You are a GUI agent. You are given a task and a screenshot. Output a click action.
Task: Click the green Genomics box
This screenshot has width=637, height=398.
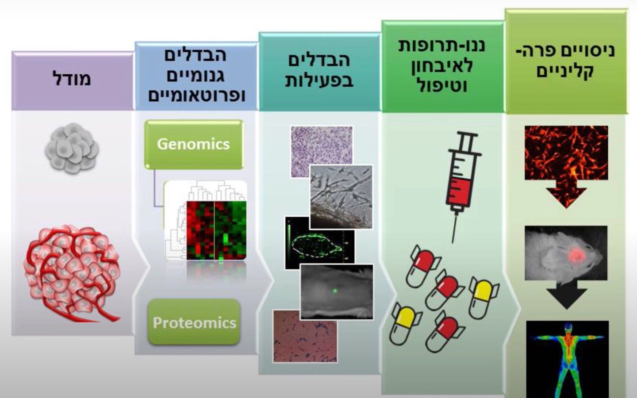(194, 145)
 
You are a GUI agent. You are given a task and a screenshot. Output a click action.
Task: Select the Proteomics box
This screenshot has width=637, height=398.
(194, 322)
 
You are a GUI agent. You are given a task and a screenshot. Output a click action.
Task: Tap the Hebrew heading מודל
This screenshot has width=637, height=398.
(72, 78)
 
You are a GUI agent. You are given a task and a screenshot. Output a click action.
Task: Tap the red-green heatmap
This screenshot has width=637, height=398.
(216, 230)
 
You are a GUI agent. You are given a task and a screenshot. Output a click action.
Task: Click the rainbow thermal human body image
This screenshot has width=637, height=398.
(568, 360)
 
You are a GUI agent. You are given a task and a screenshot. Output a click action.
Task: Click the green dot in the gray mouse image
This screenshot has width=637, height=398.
(335, 291)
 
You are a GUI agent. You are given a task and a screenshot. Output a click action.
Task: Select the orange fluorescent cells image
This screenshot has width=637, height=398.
(566, 153)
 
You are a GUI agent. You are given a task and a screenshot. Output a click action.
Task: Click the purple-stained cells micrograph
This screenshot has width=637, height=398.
(322, 152)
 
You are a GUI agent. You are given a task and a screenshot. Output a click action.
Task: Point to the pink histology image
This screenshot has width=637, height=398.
(305, 336)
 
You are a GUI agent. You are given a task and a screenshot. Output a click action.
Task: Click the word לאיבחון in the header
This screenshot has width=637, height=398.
(442, 65)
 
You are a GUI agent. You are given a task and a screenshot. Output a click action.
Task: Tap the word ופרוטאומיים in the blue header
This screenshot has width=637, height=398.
(197, 96)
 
